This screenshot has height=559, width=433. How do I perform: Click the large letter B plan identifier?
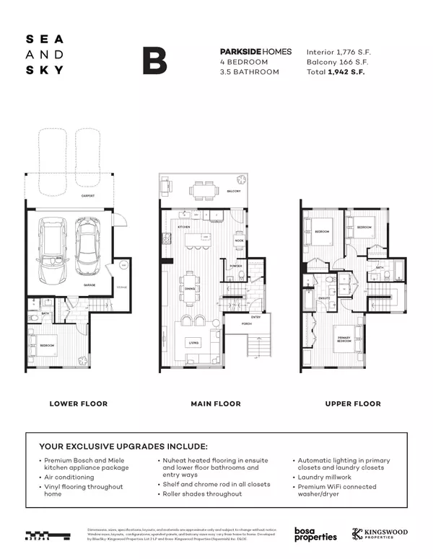pos(154,61)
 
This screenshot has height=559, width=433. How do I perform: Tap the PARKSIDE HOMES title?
pos(255,52)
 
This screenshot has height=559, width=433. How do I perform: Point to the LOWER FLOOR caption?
pos(78,403)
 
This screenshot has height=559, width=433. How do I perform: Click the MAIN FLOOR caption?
pos(216,403)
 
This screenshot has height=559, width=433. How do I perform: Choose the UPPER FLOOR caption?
pos(352,403)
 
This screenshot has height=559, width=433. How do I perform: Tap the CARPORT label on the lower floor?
pos(88,196)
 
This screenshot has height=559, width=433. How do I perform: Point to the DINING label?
pos(190,288)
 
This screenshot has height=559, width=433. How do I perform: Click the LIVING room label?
pos(193,342)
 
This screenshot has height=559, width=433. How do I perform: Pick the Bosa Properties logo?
pos(315,534)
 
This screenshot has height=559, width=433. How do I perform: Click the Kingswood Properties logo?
pos(380,534)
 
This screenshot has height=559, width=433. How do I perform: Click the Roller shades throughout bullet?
pos(202,493)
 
